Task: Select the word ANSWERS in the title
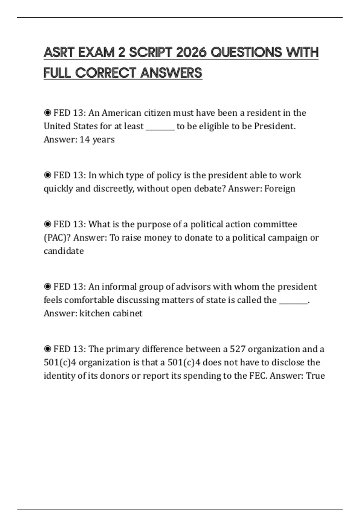[171, 73]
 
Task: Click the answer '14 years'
[97, 139]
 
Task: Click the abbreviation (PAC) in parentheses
[57, 238]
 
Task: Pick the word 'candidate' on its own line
[64, 251]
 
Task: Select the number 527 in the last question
[238, 349]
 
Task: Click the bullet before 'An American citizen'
[47, 113]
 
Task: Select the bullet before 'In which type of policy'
[47, 175]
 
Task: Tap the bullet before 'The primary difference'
[47, 349]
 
